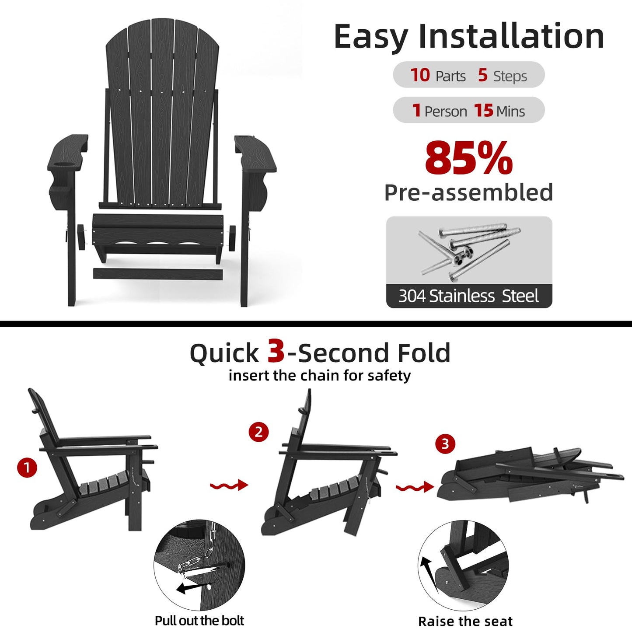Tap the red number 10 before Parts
tap(420, 75)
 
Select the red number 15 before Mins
tap(483, 111)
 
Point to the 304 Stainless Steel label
tap(468, 296)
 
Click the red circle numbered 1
tap(27, 468)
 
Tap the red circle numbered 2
tap(258, 432)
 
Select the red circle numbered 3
tap(445, 444)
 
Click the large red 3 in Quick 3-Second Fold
tap(276, 351)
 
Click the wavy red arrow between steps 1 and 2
tap(229, 485)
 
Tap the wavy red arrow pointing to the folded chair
tap(415, 487)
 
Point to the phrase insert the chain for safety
tap(320, 376)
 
